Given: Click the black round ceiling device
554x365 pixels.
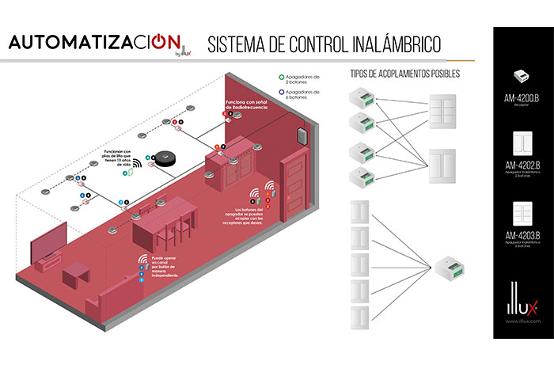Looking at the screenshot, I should click(x=165, y=159).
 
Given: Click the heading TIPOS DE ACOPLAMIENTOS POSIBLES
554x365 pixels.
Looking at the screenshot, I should click(x=404, y=74).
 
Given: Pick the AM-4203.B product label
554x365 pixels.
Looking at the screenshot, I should click(x=521, y=234).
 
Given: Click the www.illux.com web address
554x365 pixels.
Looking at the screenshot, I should click(x=521, y=322).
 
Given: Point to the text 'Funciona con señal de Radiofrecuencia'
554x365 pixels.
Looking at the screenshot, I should click(x=246, y=105).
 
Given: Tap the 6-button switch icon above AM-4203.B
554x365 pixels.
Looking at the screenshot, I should click(x=521, y=213).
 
